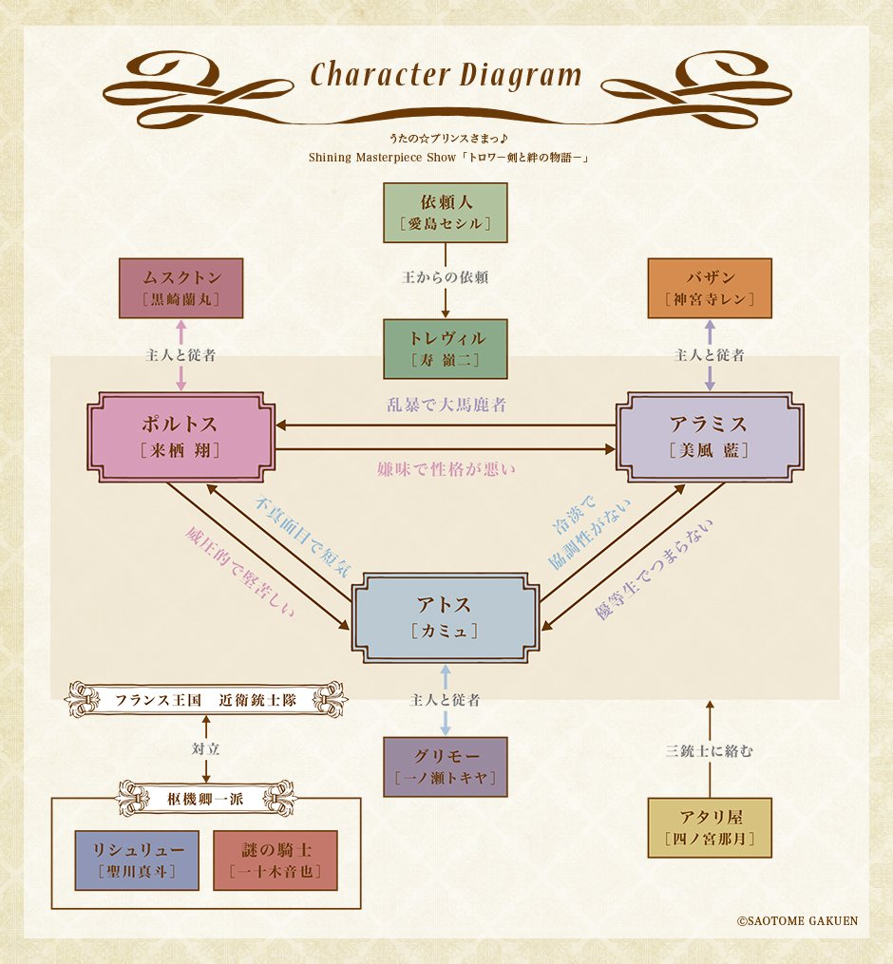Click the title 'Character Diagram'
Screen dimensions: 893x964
445,75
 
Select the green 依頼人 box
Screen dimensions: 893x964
445,212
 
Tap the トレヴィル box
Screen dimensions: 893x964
445,349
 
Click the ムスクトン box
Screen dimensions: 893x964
180,288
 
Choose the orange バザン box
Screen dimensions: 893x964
710,288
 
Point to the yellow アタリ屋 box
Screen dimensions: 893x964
710,827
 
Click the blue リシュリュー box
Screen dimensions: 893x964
136,860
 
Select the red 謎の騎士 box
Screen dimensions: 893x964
275,860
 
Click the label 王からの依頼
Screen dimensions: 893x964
445,279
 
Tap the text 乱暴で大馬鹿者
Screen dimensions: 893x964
445,405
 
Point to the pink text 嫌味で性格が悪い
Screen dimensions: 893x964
445,467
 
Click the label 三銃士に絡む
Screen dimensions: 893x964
710,751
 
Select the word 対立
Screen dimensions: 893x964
206,748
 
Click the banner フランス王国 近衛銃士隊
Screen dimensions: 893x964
206,701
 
